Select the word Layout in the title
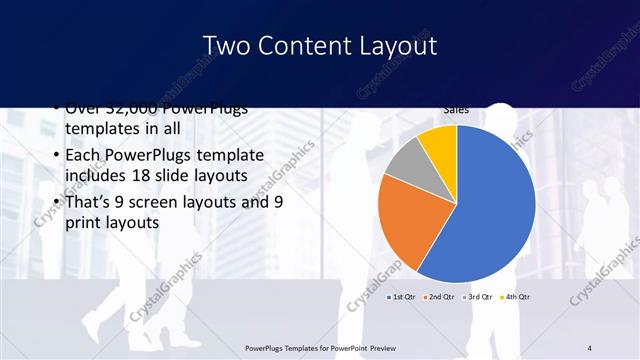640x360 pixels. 399,46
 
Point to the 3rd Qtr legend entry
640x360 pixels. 478,297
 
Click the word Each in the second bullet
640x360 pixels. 83,156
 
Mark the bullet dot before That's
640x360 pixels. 53,203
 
